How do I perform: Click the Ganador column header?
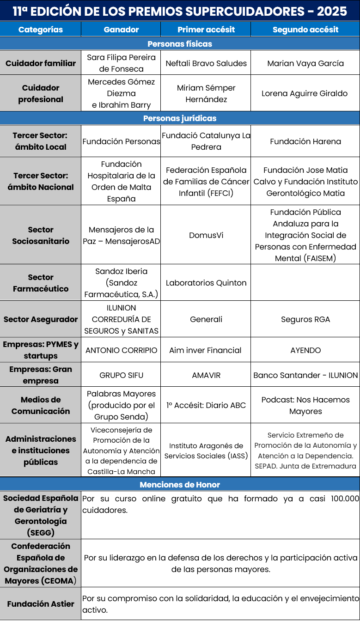pos(121,30)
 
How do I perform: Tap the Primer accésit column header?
pos(206,30)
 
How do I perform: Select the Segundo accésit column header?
pos(305,30)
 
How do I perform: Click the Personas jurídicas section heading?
pos(180,118)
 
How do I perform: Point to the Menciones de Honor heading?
pos(180,485)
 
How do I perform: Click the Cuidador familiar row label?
pos(41,63)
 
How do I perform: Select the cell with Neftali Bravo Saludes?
pos(206,63)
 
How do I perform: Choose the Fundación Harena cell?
pos(305,141)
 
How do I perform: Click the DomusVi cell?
pos(206,235)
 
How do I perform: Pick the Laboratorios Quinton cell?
pos(206,283)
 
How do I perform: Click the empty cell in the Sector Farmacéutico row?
pos(305,283)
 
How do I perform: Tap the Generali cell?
pos(206,319)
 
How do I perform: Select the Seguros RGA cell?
pos(305,319)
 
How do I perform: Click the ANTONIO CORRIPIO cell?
pos(121,350)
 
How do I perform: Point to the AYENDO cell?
pos(305,350)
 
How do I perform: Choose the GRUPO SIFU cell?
pos(121,375)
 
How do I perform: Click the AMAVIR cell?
pos(206,375)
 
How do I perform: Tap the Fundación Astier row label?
pos(41,604)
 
